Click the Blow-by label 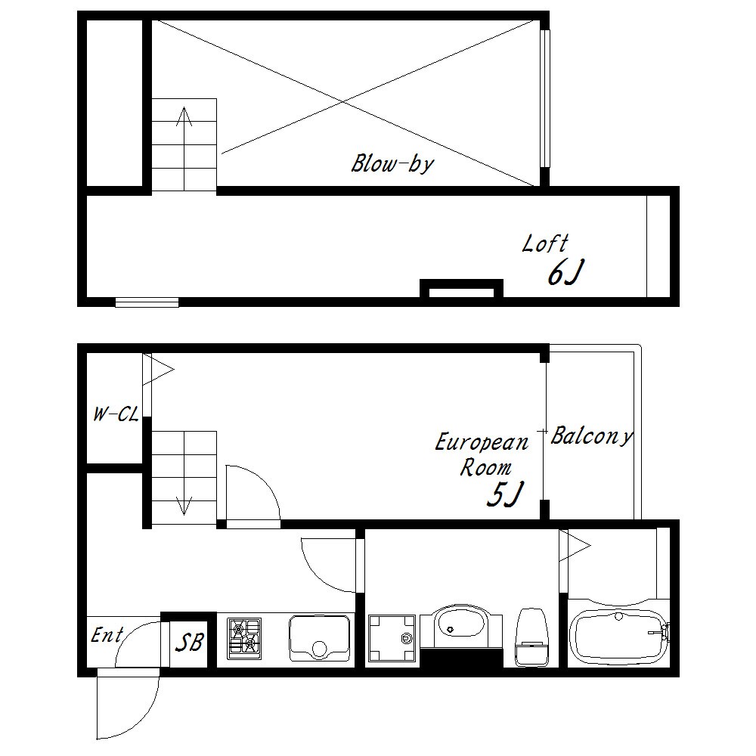392,164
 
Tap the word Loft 545,244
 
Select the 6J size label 566,273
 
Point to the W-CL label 116,414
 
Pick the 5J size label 505,494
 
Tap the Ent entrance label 107,635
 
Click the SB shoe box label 189,642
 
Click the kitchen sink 320,638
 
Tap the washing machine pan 392,638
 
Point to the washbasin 461,627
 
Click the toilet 532,637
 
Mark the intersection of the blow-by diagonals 343,102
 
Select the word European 482,442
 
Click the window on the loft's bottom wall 147,302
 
